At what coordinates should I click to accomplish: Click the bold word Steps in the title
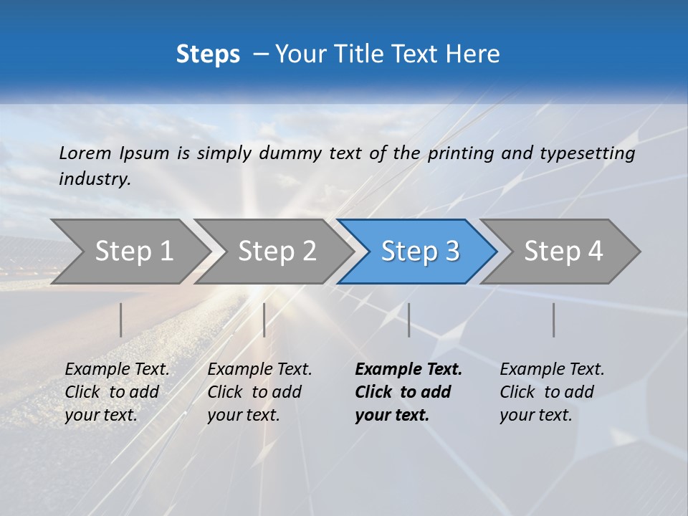click(208, 54)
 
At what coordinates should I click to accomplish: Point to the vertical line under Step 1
click(121, 320)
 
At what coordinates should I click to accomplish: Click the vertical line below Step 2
click(264, 320)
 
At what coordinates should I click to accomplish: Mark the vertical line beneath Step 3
click(408, 320)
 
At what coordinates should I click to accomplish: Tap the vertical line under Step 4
click(553, 320)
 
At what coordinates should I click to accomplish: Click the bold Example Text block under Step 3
click(408, 392)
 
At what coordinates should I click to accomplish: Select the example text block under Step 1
click(117, 392)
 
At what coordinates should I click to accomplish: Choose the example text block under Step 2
click(259, 392)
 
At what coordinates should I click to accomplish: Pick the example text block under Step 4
click(552, 392)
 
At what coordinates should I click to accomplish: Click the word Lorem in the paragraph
click(85, 153)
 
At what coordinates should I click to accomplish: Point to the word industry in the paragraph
click(95, 179)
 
